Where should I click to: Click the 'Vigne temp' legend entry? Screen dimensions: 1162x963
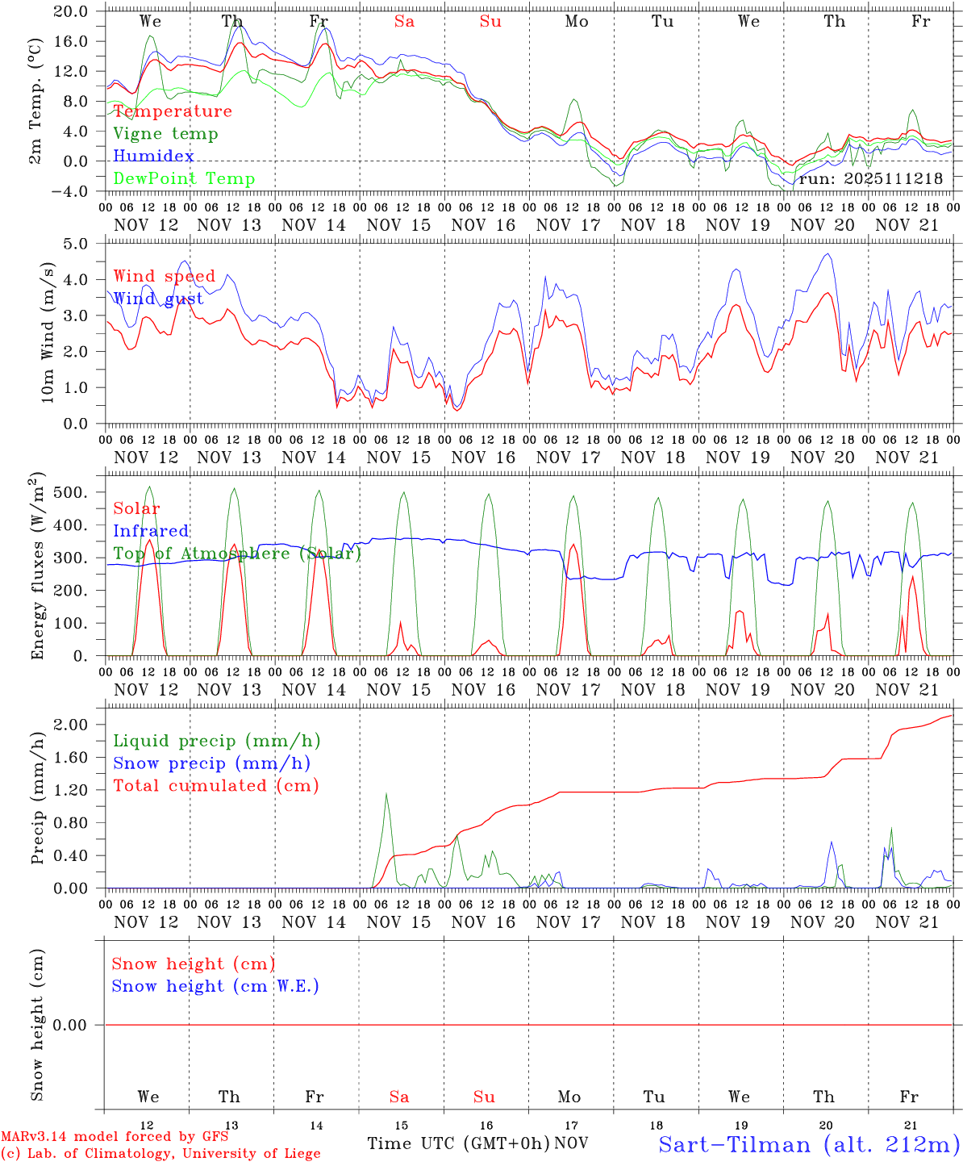[x=165, y=134]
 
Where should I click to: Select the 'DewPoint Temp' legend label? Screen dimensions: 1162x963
[x=184, y=179]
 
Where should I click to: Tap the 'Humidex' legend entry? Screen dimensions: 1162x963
[x=153, y=157]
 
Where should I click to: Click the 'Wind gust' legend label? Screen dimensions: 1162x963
[x=158, y=299]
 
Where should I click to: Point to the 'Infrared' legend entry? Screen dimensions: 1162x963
[x=151, y=531]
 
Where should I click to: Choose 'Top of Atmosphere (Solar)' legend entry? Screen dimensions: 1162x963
[x=237, y=554]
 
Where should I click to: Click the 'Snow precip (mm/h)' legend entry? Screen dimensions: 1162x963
[x=211, y=763]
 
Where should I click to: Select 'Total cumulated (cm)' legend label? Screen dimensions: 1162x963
[x=216, y=786]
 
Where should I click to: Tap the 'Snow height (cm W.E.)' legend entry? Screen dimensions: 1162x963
[x=215, y=986]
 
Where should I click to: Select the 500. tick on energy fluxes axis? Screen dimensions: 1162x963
[x=77, y=492]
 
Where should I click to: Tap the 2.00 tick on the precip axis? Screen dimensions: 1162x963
[x=77, y=725]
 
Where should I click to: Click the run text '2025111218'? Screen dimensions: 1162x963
[x=894, y=179]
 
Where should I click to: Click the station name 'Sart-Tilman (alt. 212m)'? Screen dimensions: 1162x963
[x=809, y=1144]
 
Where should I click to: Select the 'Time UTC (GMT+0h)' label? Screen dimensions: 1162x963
[x=458, y=1143]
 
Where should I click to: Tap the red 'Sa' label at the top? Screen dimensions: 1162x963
[x=404, y=22]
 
